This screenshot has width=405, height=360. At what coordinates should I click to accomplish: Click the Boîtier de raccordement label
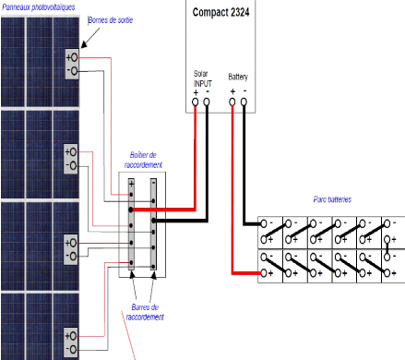pyautogui.click(x=143, y=158)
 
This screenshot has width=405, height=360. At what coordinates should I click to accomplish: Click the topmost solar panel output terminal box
pyautogui.click(x=71, y=64)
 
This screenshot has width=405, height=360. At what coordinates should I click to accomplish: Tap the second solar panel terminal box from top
pyautogui.click(x=71, y=158)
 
